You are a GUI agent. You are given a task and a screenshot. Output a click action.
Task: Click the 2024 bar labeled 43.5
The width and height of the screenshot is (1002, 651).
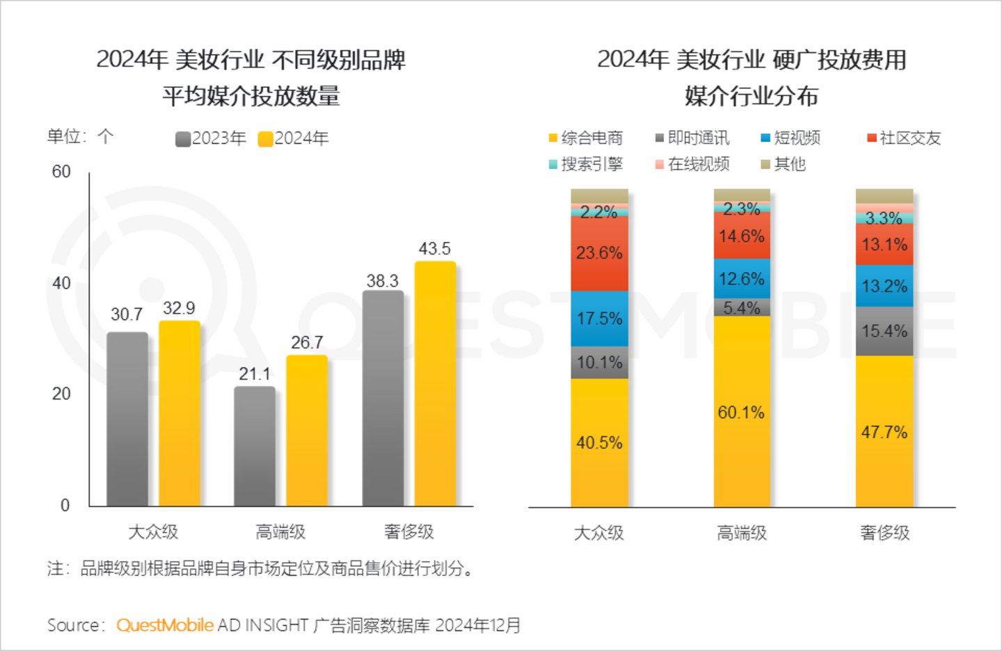pos(435,383)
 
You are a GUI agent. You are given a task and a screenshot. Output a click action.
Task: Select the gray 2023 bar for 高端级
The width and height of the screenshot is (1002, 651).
pos(255,446)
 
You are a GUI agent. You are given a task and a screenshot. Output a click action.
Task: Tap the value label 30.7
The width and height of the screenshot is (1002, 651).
pos(127,314)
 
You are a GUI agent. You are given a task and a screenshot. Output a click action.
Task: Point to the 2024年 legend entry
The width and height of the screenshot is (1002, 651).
pos(293,138)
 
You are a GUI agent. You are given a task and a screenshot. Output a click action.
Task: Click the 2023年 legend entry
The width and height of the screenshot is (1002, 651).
pos(211,138)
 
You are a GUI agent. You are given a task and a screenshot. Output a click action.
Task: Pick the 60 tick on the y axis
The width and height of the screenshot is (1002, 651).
pos(61,172)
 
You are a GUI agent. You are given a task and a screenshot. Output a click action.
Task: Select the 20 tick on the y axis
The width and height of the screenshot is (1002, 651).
pos(61,394)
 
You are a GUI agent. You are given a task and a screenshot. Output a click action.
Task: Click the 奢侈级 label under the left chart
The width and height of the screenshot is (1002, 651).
pos(409,532)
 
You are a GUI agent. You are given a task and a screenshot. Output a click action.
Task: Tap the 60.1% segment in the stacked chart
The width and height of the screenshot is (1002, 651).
pos(742,412)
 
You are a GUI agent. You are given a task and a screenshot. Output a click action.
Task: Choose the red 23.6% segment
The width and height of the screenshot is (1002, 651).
pos(599,253)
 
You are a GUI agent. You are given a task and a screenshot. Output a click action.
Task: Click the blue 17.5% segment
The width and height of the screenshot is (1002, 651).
pos(599,319)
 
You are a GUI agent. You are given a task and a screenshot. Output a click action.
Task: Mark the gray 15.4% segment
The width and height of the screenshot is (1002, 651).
pos(884,331)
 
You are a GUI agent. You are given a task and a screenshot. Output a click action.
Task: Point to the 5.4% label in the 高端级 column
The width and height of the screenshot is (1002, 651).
pos(742,307)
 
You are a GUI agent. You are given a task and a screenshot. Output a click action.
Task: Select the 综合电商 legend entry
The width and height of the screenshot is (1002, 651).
pos(586,138)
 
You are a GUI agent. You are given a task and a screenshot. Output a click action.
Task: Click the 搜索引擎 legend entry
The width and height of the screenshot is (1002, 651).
pos(586,164)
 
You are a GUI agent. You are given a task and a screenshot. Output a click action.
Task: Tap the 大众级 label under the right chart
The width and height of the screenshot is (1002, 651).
pos(599,533)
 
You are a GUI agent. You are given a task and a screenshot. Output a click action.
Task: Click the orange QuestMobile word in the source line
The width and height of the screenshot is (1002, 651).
pos(165,625)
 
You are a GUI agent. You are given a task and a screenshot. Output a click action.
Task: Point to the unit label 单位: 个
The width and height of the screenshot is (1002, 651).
pos(80,136)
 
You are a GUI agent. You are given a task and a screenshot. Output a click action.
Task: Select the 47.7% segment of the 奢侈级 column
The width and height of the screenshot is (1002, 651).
pos(884,432)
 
